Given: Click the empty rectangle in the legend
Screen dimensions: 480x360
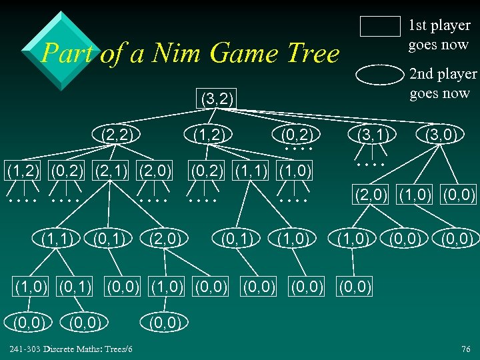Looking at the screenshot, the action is pos(380,26).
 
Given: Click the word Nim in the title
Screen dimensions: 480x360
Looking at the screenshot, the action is pos(174,53).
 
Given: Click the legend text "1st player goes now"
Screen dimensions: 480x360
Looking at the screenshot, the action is pos(439,35).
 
